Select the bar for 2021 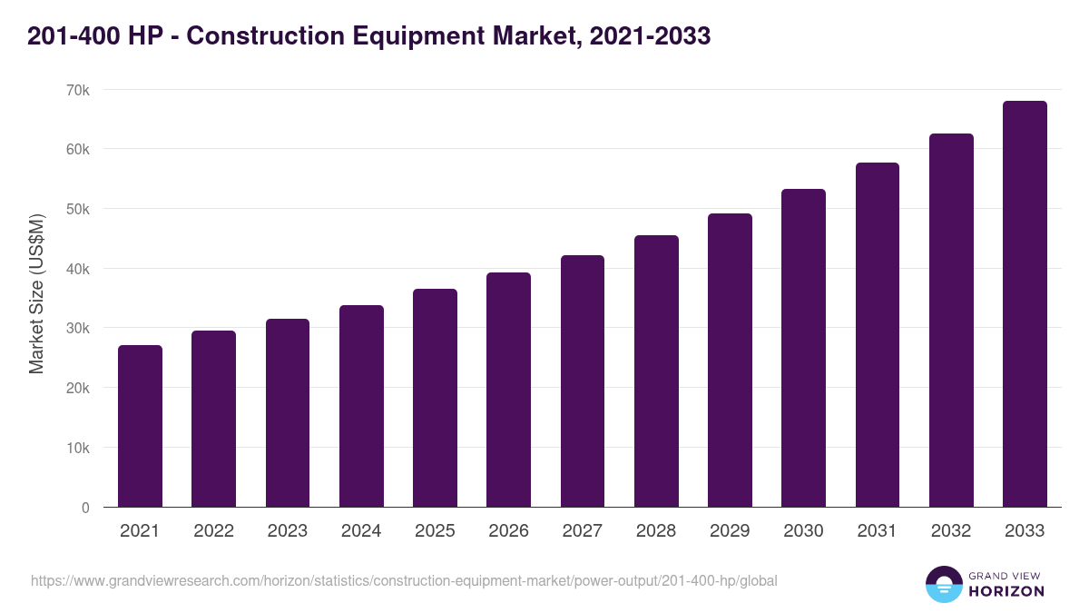pos(140,427)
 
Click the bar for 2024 pos(361,407)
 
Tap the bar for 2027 pos(583,381)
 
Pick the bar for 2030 pos(803,348)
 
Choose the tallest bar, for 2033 pos(1025,304)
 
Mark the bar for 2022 pos(213,420)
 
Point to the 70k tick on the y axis pos(78,90)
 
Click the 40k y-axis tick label pos(78,269)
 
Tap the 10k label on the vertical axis pos(78,448)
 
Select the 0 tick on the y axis pos(85,508)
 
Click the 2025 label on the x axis pos(435,531)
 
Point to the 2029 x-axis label pos(730,531)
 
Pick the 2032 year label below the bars pos(951,531)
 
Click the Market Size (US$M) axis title pos(36,294)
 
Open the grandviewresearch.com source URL pos(404,580)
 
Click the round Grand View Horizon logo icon pos(943,585)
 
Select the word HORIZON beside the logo pos(1006,591)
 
